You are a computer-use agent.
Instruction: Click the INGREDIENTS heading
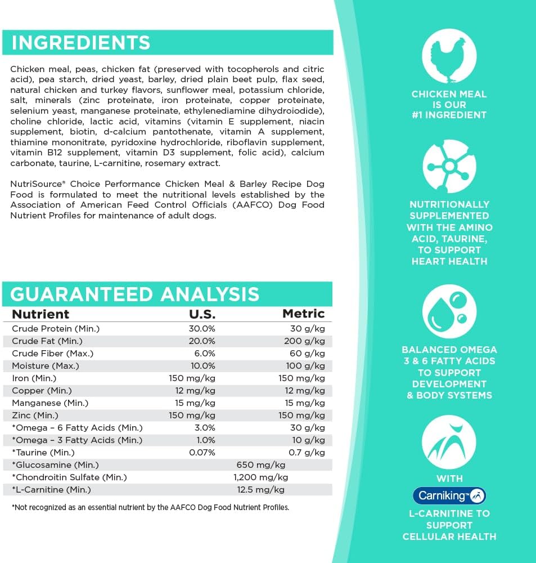(x=81, y=43)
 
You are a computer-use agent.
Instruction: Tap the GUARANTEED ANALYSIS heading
(x=135, y=294)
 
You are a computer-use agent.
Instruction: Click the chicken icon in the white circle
(x=449, y=55)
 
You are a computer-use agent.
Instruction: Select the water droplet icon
(x=449, y=312)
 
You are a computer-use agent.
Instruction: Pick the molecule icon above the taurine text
(x=449, y=167)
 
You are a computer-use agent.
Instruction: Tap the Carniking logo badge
(x=449, y=495)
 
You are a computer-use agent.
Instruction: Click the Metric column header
(x=303, y=314)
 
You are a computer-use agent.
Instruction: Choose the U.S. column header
(x=201, y=314)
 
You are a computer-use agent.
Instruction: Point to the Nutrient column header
(x=40, y=314)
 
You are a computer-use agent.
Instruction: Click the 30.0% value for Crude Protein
(x=201, y=329)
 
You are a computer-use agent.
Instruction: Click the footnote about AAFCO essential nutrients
(x=150, y=507)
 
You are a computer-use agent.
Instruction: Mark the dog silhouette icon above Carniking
(x=449, y=443)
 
